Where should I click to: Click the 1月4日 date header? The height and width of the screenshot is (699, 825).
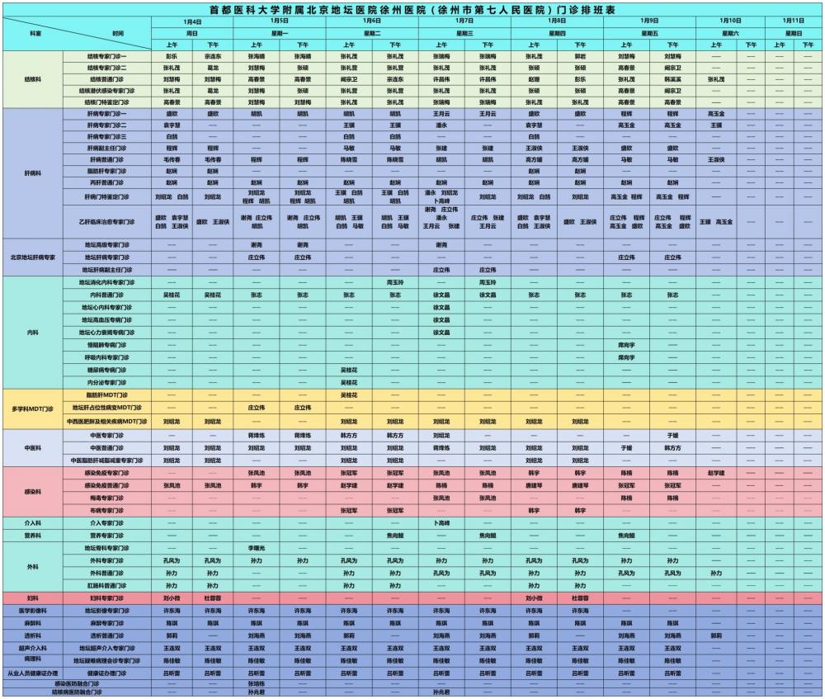192,21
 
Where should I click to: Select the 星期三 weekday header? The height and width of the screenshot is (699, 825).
464,32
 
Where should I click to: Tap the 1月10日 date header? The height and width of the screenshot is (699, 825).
730,21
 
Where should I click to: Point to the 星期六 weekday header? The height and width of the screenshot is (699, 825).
730,32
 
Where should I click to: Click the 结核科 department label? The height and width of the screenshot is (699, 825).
35,79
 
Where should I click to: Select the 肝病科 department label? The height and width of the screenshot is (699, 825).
35,173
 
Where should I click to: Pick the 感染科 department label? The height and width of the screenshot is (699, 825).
35,492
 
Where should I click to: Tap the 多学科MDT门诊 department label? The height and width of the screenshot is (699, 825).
33,409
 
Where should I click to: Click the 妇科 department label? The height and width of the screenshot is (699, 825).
33,597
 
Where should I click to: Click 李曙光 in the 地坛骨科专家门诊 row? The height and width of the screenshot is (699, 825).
256,548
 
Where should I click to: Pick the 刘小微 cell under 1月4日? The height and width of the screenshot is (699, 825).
172,597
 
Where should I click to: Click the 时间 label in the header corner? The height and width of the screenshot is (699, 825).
118,33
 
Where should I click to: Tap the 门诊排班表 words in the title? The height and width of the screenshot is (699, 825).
585,9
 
